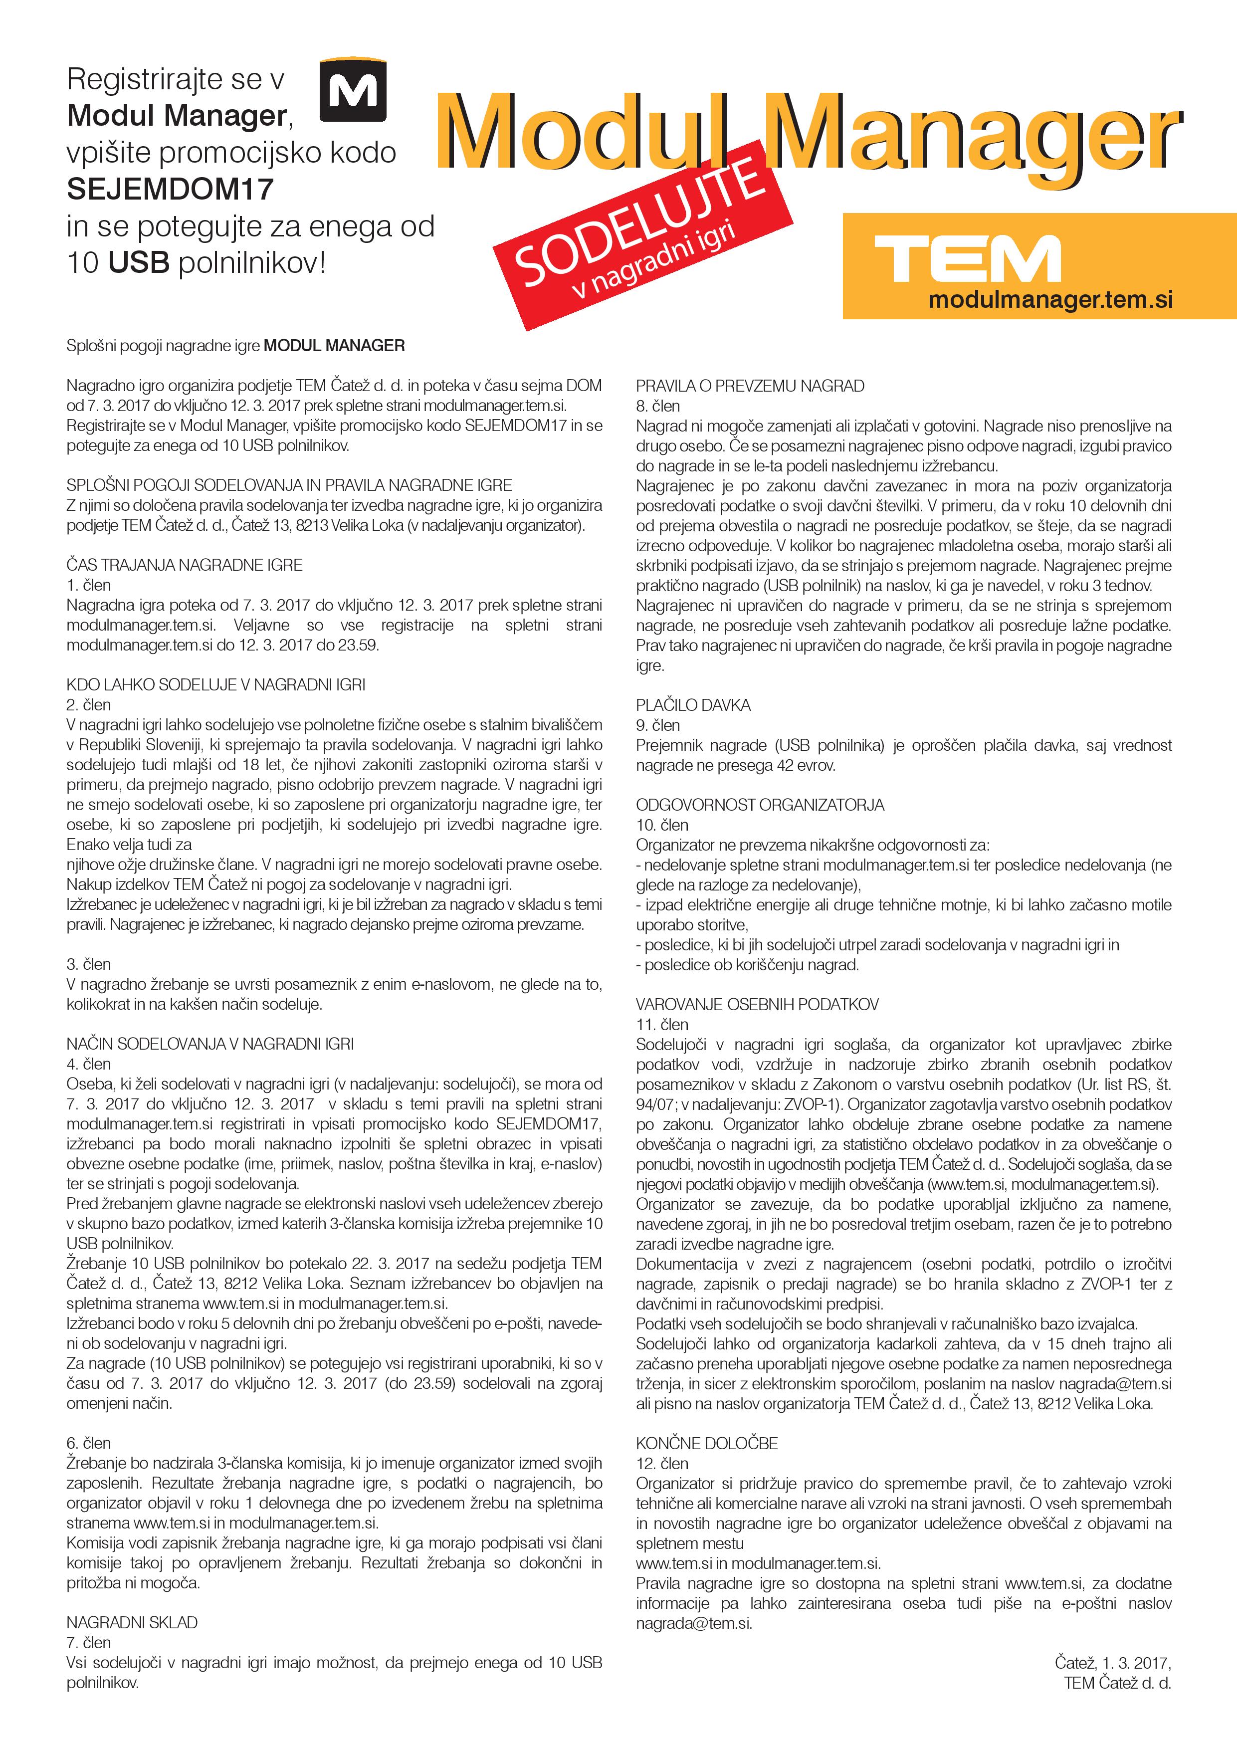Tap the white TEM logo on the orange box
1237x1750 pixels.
(967, 258)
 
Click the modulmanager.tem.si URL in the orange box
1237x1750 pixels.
(1049, 299)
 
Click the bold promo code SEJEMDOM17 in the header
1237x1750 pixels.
(170, 189)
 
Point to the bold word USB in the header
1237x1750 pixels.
(138, 263)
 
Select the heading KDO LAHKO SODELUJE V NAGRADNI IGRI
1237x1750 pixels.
(215, 684)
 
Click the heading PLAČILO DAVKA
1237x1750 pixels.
(693, 705)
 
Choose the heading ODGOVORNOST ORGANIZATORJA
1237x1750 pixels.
(760, 805)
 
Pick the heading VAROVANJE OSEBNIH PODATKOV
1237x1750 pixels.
(757, 1005)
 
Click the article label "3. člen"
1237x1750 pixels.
(88, 964)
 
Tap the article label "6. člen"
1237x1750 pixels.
(88, 1443)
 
